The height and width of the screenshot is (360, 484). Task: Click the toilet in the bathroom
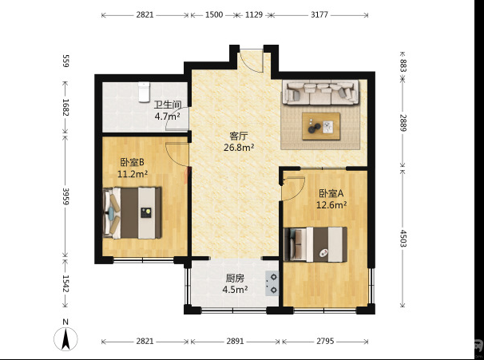[x=144, y=92]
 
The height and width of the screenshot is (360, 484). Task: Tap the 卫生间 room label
[x=168, y=105]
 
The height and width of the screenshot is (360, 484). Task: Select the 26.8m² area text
[x=239, y=148]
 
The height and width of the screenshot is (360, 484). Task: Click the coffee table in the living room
[x=321, y=126]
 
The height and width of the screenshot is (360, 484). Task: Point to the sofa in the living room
[x=320, y=93]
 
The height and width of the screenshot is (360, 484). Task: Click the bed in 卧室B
[x=132, y=212]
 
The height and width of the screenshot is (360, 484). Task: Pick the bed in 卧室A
[x=315, y=244]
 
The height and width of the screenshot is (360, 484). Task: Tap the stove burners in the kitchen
[x=272, y=284]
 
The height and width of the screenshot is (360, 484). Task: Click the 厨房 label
[x=235, y=279]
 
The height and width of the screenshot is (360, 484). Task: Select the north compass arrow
[x=65, y=338]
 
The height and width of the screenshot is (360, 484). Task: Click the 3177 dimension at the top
[x=319, y=14]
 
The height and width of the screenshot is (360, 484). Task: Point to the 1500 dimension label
[x=214, y=14]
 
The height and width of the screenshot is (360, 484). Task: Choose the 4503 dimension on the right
[x=403, y=238]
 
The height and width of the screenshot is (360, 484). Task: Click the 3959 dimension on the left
[x=65, y=196]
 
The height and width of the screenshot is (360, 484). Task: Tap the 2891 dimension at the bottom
[x=235, y=341]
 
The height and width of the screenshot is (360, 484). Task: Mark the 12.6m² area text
[x=331, y=205]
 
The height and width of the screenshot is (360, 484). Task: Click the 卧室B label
[x=132, y=162]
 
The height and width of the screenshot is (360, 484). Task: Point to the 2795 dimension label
[x=325, y=341]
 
